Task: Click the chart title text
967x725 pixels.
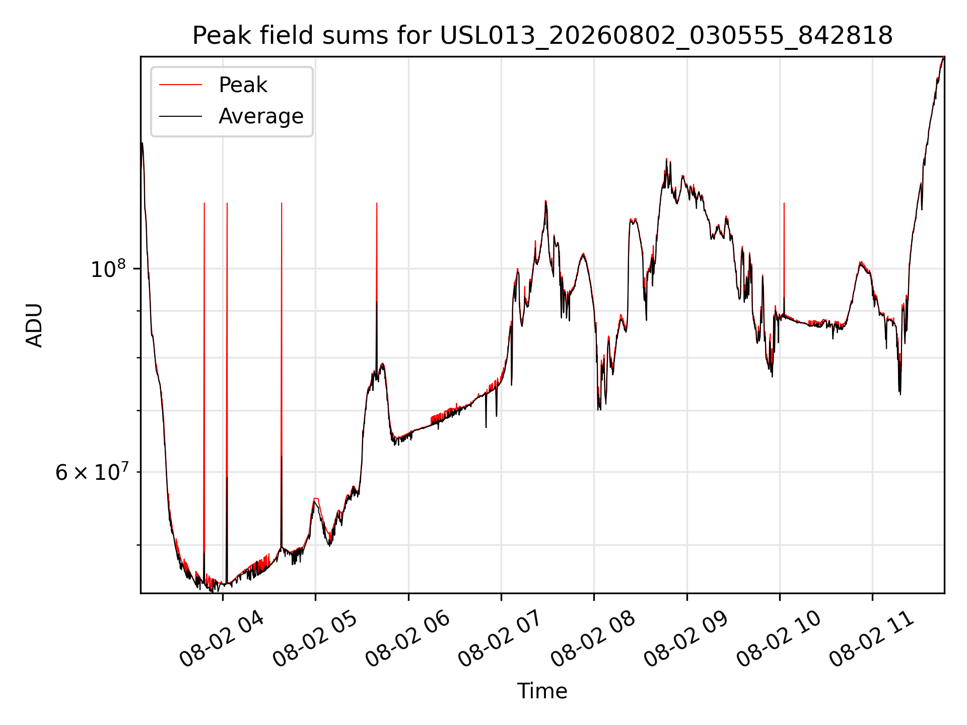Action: pyautogui.click(x=542, y=36)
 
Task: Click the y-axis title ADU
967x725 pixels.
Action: pyautogui.click(x=34, y=325)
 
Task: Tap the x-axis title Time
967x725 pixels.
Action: pyautogui.click(x=542, y=691)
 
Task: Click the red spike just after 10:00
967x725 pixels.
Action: pyautogui.click(x=784, y=257)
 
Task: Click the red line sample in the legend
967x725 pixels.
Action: pyautogui.click(x=180, y=85)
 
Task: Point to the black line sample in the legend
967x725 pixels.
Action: pyautogui.click(x=180, y=116)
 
